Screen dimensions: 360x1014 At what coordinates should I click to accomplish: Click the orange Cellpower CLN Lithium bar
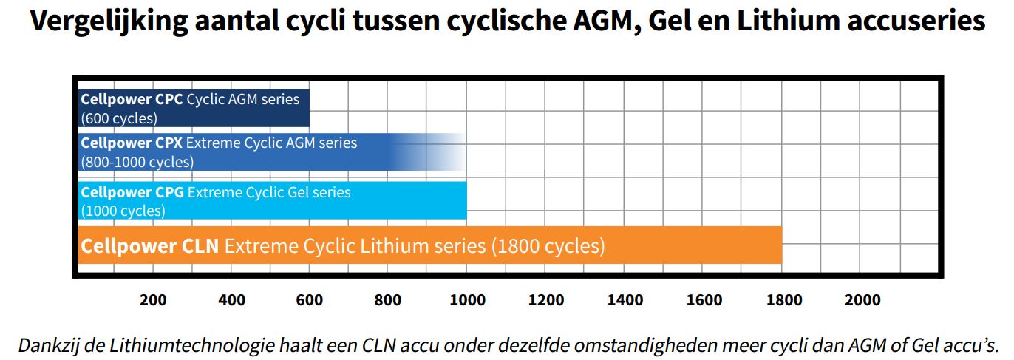tap(429, 245)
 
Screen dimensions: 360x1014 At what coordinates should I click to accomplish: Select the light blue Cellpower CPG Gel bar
tap(272, 201)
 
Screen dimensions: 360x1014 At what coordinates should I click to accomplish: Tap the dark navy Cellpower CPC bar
tap(194, 108)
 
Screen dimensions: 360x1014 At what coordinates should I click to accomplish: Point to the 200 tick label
tap(153, 300)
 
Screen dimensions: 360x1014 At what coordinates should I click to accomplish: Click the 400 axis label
tap(232, 300)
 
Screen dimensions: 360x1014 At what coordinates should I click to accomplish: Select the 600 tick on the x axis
tap(310, 300)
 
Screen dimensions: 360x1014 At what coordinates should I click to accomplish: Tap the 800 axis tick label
tap(388, 300)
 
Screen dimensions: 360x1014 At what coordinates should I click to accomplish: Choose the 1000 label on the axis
tap(467, 300)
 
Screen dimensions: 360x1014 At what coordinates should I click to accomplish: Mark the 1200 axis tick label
tap(545, 300)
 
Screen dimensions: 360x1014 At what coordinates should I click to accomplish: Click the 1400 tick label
tap(625, 300)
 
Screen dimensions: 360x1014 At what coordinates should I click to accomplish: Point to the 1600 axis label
tap(704, 300)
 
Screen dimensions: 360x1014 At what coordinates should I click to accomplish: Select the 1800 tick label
tap(783, 300)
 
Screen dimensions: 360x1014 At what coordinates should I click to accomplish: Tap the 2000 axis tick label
tap(862, 300)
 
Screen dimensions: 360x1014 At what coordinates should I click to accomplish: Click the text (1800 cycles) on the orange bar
tap(548, 245)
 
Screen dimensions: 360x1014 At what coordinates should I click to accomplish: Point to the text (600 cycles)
tap(119, 118)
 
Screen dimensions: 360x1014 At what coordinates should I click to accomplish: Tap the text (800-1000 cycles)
tap(137, 162)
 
